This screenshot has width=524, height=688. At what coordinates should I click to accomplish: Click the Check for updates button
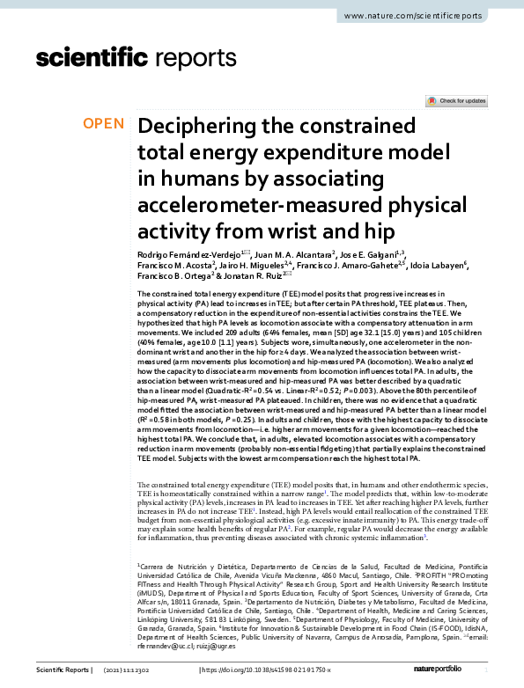point(455,102)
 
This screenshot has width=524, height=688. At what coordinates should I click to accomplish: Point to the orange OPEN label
point(103,123)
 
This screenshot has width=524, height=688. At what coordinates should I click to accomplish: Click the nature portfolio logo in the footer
point(446,670)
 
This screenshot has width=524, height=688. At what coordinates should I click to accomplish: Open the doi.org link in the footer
point(268,670)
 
